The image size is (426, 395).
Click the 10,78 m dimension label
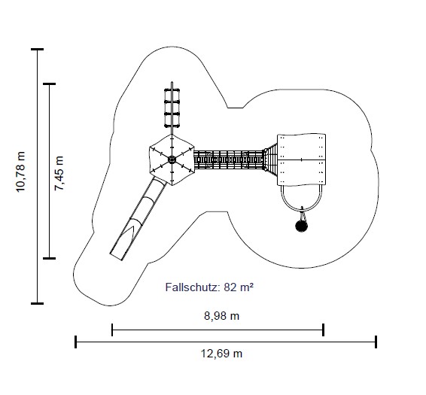click(20, 172)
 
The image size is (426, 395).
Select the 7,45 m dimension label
click(59, 173)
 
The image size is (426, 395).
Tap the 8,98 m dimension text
click(222, 316)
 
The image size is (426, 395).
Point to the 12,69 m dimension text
click(221, 354)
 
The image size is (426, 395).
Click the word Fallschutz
click(193, 287)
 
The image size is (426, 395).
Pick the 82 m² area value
click(239, 287)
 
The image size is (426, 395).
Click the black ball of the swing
click(301, 226)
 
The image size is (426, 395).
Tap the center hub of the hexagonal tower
click(172, 160)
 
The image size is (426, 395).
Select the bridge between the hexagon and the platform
click(229, 160)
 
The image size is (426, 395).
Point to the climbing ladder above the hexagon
click(172, 108)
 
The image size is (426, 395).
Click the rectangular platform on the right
click(301, 160)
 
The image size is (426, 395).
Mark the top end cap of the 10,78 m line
click(37, 50)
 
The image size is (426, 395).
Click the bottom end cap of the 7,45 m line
click(50, 258)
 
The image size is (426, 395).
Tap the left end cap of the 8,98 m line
click(112, 330)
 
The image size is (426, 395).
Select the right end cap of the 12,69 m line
click(376, 342)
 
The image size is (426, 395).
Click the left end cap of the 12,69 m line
click(75, 342)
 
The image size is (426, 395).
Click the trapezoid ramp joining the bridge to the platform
click(271, 160)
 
